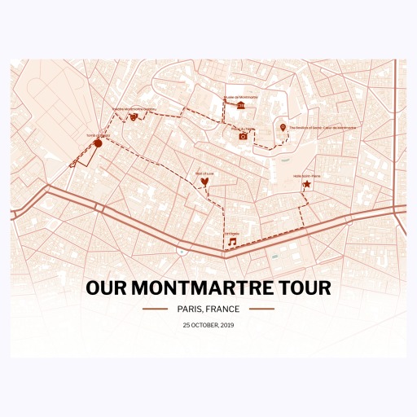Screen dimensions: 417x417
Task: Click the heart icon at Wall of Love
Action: [204, 182]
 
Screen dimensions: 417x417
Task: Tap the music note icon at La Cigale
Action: [232, 242]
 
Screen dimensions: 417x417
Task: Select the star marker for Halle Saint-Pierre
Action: [306, 185]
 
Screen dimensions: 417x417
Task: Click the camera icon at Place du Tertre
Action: [243, 136]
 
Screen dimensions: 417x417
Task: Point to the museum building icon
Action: [241, 105]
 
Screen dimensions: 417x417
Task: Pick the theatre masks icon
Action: [134, 116]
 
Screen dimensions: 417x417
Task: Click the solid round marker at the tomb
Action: [98, 143]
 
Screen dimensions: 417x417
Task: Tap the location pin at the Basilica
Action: [283, 128]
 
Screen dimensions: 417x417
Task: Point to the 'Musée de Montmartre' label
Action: [240, 97]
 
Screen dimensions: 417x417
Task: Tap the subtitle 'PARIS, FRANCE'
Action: [208, 309]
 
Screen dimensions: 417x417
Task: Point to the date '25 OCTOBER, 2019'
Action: [208, 325]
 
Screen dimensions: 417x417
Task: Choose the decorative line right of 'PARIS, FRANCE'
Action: [261, 309]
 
